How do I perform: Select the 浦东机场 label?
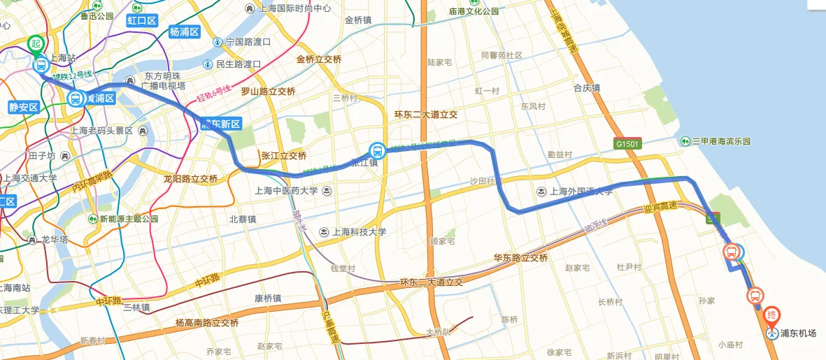(798, 333)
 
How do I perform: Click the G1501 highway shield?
(627, 143)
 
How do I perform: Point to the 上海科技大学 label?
(353, 232)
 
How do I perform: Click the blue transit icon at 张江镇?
(377, 150)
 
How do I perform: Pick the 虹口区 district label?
(142, 20)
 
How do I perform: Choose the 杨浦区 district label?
(185, 32)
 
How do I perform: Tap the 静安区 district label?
(22, 107)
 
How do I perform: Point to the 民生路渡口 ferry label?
(237, 64)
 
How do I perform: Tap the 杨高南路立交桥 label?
(207, 323)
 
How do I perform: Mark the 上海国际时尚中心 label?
(292, 9)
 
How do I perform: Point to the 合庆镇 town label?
(587, 88)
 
